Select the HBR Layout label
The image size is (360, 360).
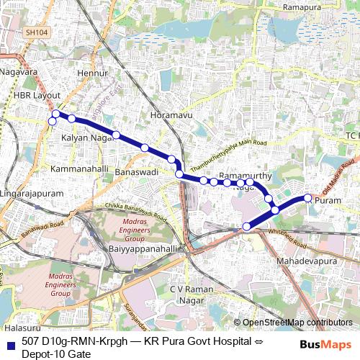(x=37, y=96)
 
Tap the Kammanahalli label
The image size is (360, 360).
(x=80, y=168)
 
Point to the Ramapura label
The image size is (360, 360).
(x=302, y=6)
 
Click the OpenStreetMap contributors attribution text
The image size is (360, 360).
(x=297, y=323)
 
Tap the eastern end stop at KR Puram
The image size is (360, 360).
(x=307, y=198)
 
